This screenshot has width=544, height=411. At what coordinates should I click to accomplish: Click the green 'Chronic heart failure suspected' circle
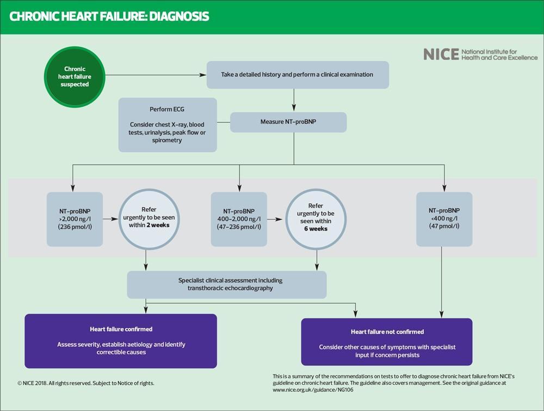(75, 77)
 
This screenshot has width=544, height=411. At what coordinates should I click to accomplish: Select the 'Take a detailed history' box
(298, 75)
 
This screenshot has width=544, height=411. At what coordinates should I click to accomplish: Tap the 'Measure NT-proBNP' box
(288, 122)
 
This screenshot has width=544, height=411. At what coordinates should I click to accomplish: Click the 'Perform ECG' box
(168, 125)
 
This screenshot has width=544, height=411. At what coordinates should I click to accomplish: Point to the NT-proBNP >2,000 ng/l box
(75, 219)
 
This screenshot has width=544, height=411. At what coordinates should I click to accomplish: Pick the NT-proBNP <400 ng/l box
(444, 219)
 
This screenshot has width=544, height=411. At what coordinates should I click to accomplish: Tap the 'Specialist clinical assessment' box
(227, 285)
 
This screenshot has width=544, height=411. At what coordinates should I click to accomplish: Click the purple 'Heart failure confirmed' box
(121, 341)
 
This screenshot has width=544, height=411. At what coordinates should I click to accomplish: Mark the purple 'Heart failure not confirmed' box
(387, 342)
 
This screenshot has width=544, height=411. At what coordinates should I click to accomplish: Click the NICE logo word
(441, 54)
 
